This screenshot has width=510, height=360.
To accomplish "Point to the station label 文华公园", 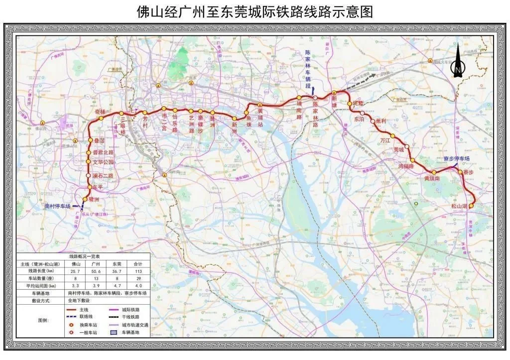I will pos(103,162).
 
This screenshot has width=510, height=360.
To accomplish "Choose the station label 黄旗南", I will pos(432,178).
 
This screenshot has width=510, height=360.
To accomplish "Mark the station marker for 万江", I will pos(393,135).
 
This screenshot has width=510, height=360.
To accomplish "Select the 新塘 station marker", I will pos(335,92).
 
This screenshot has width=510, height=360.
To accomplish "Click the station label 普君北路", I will pos(103,152).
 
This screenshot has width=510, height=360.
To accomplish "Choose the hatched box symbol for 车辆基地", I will pos(114,332).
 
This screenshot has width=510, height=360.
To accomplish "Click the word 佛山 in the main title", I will pos(148,12).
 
